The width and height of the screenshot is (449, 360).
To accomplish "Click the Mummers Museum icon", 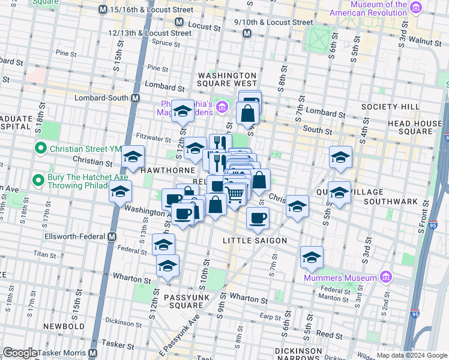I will point(386,277).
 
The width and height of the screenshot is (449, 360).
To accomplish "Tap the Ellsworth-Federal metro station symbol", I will point(112,237).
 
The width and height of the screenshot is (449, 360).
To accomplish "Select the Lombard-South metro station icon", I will point(136,98).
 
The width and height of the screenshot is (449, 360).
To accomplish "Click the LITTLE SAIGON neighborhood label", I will point(255,240).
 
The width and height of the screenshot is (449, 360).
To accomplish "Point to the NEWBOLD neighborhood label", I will point(65,326).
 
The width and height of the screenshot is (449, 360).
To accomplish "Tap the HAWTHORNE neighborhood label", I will point(165,170).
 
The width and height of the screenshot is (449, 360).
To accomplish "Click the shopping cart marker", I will point(235,194).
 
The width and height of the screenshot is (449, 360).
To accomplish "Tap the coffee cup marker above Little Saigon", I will point(258,218).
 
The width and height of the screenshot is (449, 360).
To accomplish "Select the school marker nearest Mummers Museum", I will point(311,257).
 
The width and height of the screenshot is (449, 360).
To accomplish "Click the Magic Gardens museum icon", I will point(222,107).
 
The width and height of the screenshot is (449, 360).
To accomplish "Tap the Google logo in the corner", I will point(20,353).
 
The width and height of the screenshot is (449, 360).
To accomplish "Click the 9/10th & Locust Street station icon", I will point(247,34).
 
